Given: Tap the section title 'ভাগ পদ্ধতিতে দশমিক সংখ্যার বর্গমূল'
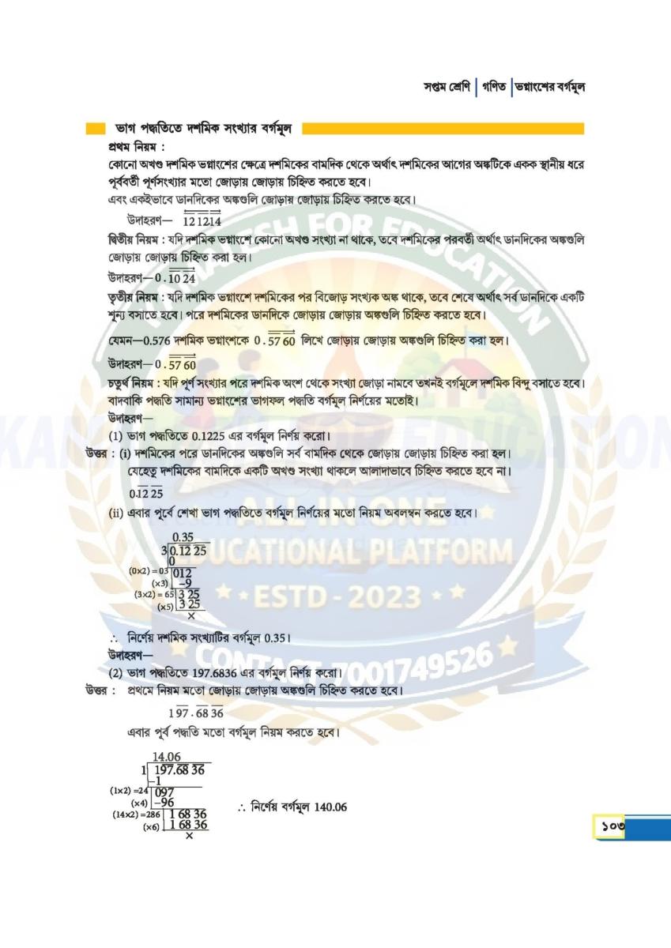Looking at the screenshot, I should pyautogui.click(x=204, y=127).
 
